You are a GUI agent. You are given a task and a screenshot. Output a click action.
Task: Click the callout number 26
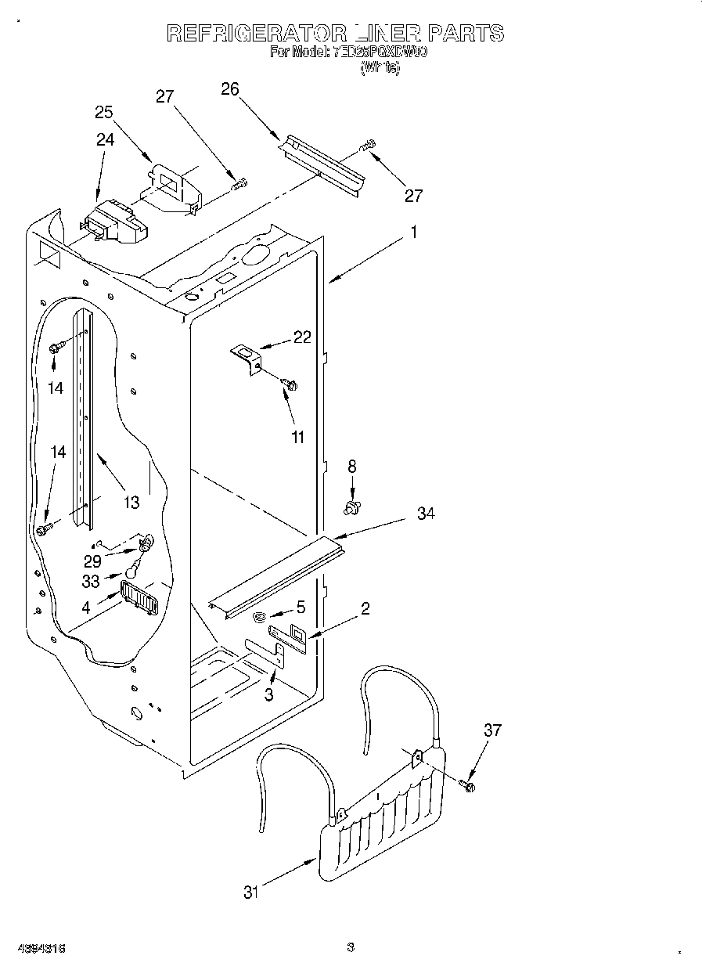coord(229,89)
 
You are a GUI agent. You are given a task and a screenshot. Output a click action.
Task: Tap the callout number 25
coord(105,112)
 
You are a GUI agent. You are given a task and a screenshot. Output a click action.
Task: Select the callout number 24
coord(105,139)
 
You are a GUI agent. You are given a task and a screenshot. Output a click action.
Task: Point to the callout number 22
coord(302,337)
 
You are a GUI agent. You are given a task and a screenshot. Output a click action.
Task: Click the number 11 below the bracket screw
coord(297,438)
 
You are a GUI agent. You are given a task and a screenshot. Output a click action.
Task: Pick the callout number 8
coord(351,466)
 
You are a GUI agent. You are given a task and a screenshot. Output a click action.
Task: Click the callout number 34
coord(426,514)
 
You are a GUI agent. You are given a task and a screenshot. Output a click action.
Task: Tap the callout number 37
coord(491,730)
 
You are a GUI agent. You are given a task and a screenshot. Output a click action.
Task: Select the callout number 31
coord(250,892)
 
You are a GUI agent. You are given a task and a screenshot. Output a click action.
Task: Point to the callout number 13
coord(131,502)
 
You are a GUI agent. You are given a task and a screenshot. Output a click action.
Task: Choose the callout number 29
coord(92,561)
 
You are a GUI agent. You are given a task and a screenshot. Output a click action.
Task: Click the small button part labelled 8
coord(352,510)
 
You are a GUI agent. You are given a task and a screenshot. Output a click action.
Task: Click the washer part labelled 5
coord(260,618)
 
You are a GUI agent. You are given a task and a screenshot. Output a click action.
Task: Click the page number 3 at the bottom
coord(351,947)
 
